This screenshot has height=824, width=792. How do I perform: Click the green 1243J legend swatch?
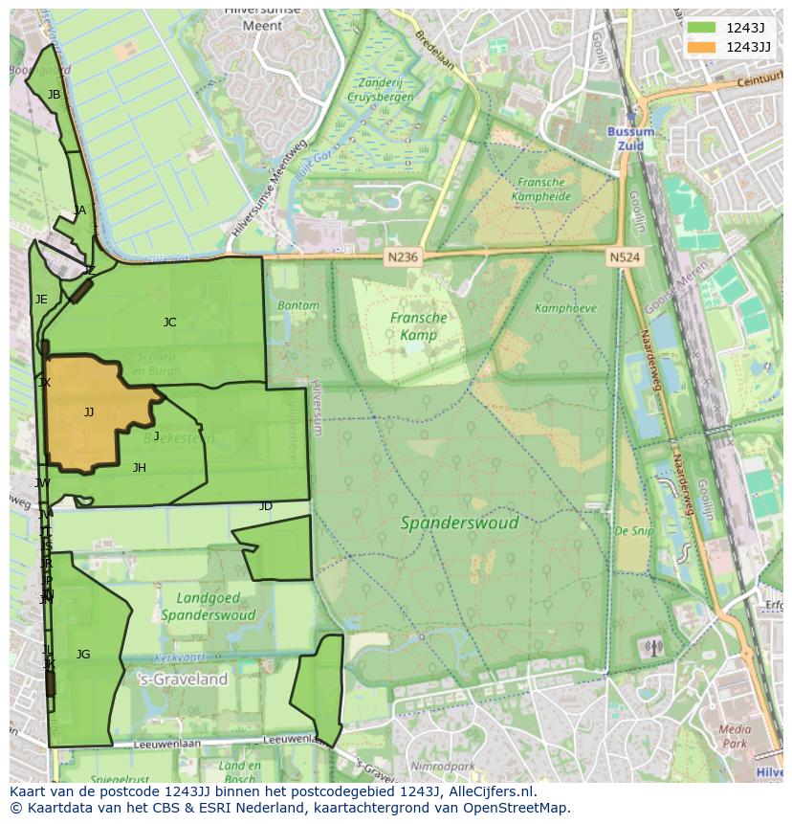click(700, 27)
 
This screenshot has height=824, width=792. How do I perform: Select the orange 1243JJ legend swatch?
click(700, 47)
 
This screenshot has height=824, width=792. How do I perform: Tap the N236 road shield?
click(403, 257)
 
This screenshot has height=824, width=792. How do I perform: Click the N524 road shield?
click(625, 257)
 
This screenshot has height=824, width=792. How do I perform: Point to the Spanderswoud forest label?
click(459, 523)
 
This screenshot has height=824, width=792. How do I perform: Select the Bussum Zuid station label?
click(631, 139)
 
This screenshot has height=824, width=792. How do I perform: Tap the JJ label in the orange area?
click(89, 412)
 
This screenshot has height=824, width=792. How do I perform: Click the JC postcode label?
click(169, 323)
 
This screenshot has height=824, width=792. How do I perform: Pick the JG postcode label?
click(83, 655)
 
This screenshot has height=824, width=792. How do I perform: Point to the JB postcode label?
click(54, 95)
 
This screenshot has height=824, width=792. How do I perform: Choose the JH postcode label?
click(140, 468)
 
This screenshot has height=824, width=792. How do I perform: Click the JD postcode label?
click(266, 506)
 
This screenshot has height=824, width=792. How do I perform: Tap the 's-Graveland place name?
click(184, 679)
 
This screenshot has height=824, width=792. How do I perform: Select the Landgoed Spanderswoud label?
click(208, 606)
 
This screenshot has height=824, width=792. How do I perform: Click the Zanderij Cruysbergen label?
click(381, 90)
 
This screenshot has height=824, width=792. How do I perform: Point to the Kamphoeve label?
click(565, 308)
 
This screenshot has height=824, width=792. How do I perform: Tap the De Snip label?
click(633, 530)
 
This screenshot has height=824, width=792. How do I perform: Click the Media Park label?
click(734, 736)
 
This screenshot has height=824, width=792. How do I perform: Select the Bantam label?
click(298, 305)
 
